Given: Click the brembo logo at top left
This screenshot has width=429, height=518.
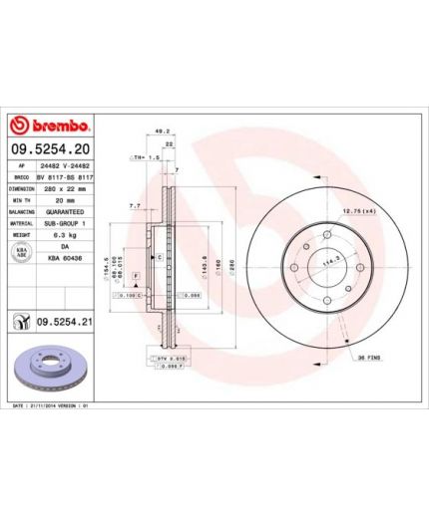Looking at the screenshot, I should (50, 127).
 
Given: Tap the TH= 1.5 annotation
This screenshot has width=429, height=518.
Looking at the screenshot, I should (147, 157).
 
